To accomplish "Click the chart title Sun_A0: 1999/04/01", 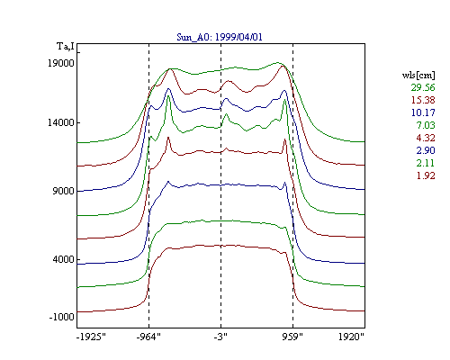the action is point(220,37).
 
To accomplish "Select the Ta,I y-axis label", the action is point(66,47).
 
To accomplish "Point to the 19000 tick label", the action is point(61,63).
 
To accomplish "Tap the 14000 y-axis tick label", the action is point(61,122).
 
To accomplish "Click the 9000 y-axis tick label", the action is point(63,191).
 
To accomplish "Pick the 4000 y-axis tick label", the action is point(63,259).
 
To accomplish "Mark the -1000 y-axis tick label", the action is point(61,317).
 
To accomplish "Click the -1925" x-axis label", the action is point(91,337).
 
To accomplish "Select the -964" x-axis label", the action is point(148,337).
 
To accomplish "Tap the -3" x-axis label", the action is point(220,337).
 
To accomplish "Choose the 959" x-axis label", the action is point(292,337).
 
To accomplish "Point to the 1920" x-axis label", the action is point(351,337).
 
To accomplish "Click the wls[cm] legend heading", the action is point(418,75).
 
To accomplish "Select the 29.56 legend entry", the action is point(423,87).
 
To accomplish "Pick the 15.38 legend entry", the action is point(423,100).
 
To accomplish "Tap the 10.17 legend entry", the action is point(423,112).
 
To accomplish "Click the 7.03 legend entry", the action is point(426,125).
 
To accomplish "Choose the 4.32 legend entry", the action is point(426,138).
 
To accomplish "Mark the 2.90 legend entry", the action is point(426,150).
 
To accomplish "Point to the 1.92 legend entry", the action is point(426,175).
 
